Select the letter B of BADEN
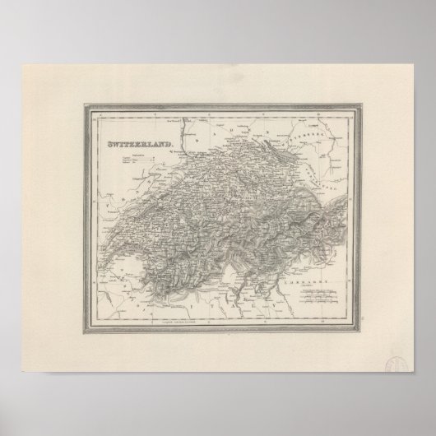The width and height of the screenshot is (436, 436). pos(218,130)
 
